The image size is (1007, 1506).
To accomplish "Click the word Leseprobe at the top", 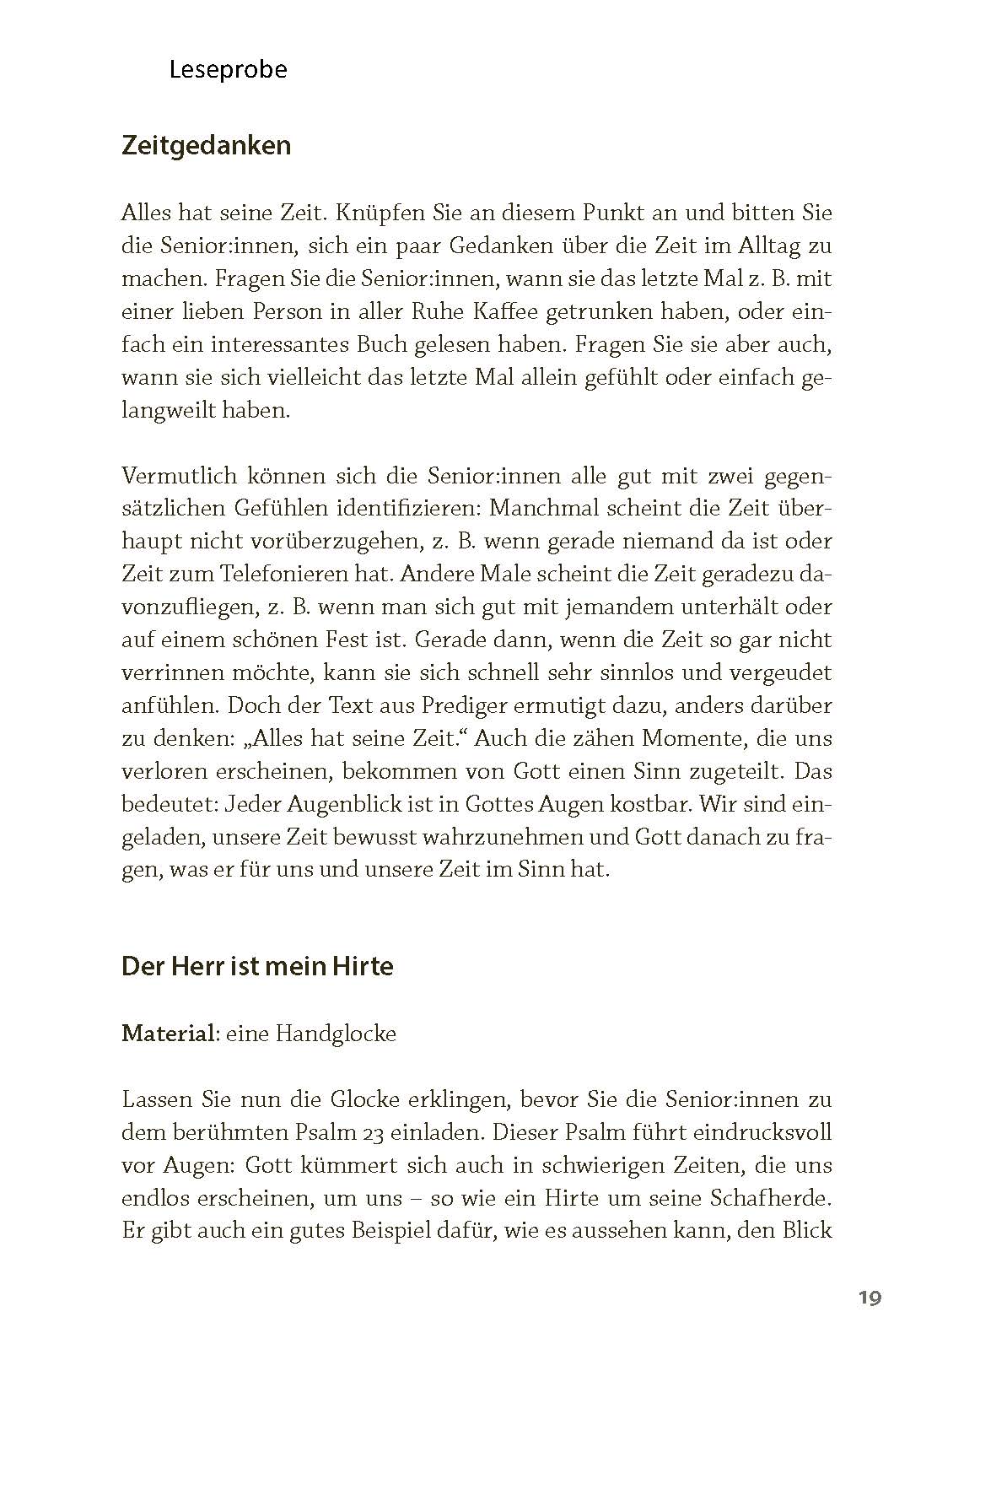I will (228, 69).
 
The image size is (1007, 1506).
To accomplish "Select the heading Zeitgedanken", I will (207, 146).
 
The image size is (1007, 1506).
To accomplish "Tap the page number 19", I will (870, 1298).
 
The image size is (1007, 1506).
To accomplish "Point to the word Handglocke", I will (335, 1034).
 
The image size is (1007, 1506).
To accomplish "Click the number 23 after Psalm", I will (418, 1133).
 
